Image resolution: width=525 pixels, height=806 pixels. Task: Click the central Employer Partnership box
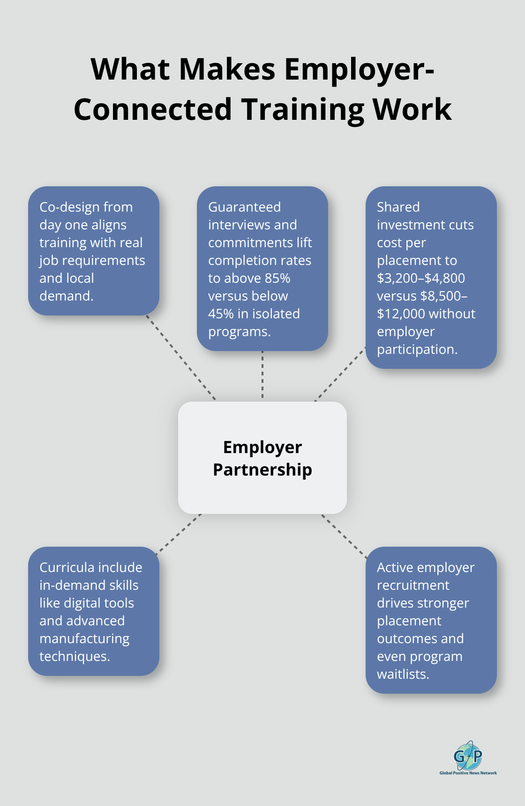click(x=262, y=458)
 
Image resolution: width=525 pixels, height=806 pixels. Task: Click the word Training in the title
click(x=303, y=110)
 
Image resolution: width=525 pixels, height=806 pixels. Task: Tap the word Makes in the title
click(x=227, y=69)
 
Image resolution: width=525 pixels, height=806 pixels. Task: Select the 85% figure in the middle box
click(x=277, y=278)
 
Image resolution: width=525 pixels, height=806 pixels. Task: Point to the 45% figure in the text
click(x=221, y=314)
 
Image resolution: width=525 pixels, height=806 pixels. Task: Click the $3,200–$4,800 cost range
click(x=420, y=278)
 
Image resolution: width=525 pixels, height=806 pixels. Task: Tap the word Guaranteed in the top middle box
click(x=244, y=207)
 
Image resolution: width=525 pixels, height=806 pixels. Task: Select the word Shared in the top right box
click(x=398, y=207)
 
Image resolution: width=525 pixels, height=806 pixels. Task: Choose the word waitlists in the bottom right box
click(x=403, y=674)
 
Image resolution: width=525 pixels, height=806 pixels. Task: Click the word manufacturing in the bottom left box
click(x=84, y=638)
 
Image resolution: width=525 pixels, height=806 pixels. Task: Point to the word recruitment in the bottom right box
click(x=413, y=585)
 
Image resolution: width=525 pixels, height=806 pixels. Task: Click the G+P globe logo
click(x=468, y=755)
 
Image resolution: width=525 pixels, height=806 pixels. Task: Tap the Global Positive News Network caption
click(x=468, y=773)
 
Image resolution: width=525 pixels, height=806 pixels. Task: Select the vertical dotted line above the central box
click(x=262, y=374)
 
